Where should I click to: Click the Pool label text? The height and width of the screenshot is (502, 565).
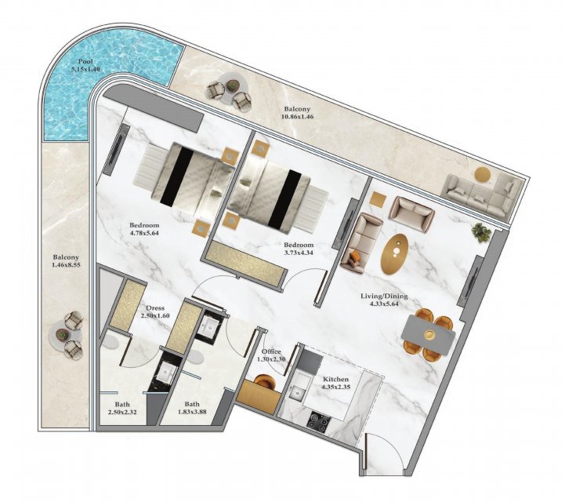[x=85, y=61]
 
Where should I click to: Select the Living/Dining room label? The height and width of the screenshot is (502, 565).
[x=384, y=296]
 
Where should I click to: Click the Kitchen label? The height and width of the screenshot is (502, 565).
[x=335, y=380]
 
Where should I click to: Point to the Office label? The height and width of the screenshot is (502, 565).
[x=271, y=352]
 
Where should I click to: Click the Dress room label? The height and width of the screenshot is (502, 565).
[x=155, y=308]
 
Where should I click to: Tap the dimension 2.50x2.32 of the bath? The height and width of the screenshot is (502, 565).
[x=122, y=412]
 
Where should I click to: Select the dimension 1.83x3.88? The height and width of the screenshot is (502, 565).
[x=192, y=412]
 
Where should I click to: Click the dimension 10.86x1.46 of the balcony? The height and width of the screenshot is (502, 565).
[x=297, y=116]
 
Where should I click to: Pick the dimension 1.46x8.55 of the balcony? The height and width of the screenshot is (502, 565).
[x=66, y=264]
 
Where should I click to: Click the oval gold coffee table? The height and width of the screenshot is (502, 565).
[x=395, y=254]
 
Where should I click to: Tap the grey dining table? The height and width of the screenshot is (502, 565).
[x=428, y=335]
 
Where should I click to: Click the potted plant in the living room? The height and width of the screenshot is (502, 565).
[x=482, y=233]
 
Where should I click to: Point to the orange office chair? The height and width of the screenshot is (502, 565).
[x=265, y=382]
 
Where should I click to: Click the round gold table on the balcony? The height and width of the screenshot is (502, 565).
[x=483, y=175]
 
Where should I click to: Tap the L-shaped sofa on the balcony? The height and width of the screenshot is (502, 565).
[x=482, y=195]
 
